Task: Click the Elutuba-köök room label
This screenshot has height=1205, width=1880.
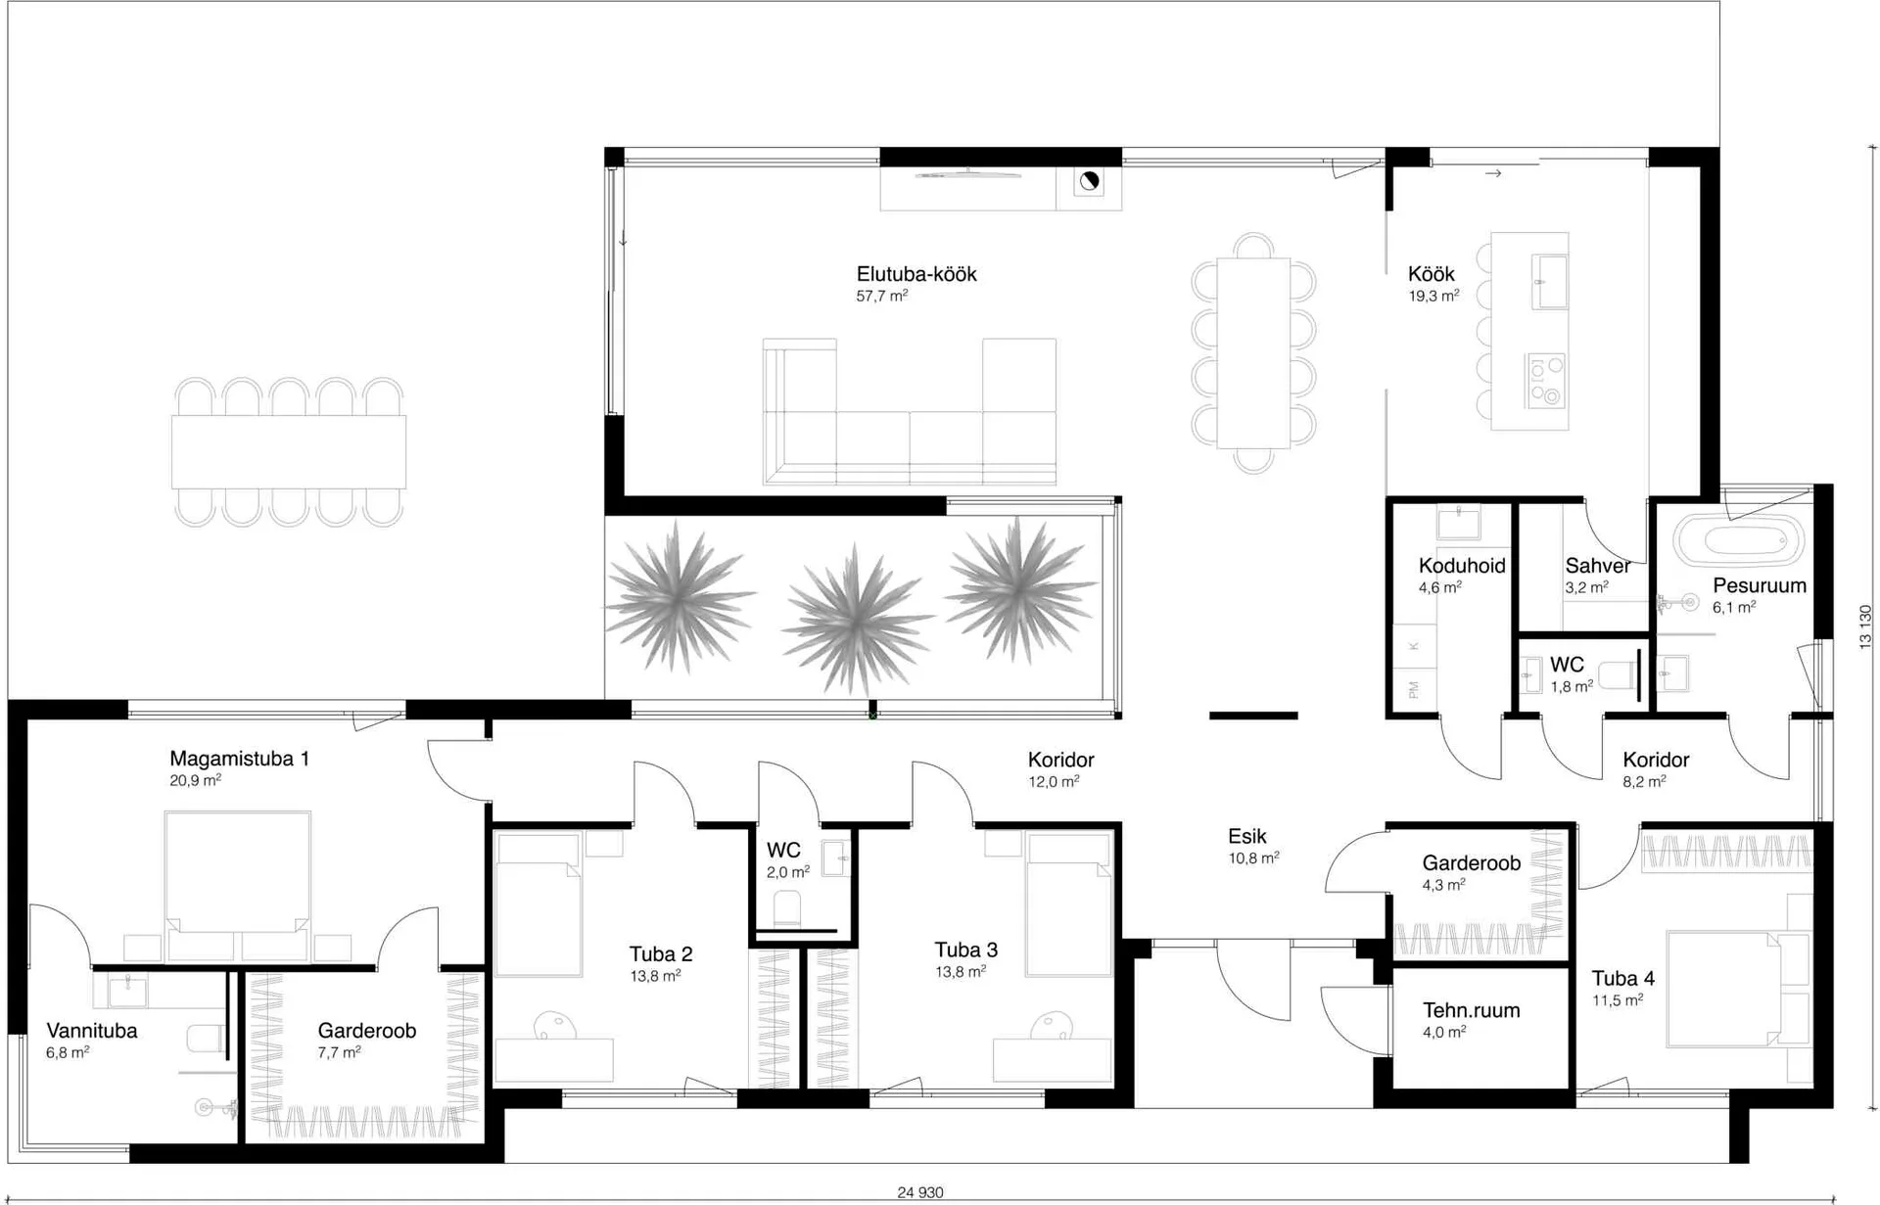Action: (916, 274)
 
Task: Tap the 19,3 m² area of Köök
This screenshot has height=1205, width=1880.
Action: (1433, 296)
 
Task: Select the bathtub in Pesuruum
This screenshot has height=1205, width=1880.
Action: (1738, 540)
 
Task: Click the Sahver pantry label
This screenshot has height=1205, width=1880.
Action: (1598, 566)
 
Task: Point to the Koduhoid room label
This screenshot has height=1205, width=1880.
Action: (1462, 566)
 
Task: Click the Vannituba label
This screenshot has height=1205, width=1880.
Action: (92, 1031)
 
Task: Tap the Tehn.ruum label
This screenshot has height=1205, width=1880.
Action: (1471, 1011)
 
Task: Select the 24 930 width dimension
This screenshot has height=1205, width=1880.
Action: (920, 1192)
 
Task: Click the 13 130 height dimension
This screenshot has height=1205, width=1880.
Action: (1865, 626)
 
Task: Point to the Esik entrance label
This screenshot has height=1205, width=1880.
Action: (1246, 837)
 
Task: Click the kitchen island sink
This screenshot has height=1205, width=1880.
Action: (1549, 281)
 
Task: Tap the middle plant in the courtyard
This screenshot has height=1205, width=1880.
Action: (857, 619)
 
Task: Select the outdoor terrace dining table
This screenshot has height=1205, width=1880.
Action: (289, 452)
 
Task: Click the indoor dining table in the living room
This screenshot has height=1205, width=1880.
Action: (1253, 353)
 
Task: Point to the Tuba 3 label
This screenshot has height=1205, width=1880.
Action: (965, 950)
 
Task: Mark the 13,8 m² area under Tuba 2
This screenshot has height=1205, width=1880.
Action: (655, 976)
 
